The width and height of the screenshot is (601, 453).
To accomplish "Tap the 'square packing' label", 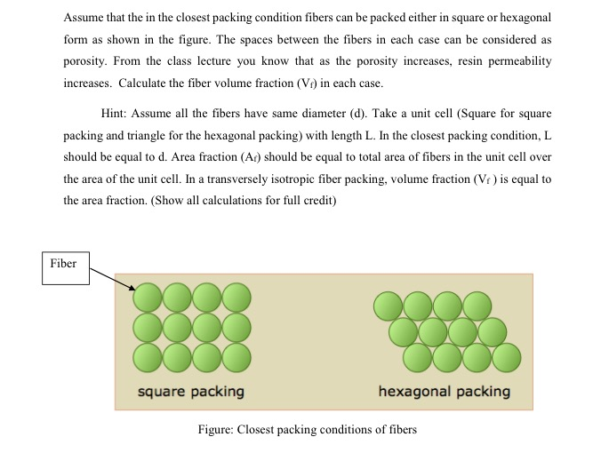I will click(190, 391).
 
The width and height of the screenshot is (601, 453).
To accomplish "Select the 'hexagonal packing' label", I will click(444, 391).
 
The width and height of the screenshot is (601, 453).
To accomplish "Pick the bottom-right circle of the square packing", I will click(236, 356).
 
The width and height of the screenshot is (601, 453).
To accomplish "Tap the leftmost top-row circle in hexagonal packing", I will click(389, 306).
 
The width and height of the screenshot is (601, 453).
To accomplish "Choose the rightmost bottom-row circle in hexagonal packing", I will click(506, 358).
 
